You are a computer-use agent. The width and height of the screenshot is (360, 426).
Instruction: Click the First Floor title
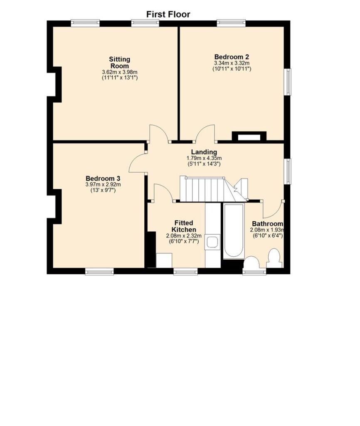click(168, 14)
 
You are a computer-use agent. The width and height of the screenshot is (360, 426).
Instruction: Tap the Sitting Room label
click(120, 62)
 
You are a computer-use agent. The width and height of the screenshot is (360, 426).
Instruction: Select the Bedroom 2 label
click(232, 57)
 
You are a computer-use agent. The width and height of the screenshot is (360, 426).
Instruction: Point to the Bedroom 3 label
click(103, 178)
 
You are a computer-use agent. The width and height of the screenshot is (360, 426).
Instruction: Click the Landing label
click(204, 152)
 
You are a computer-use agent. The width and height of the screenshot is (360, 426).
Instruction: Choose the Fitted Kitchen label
click(184, 226)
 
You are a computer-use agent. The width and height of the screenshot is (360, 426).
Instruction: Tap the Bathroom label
click(267, 224)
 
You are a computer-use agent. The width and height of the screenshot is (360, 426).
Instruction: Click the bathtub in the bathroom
click(234, 231)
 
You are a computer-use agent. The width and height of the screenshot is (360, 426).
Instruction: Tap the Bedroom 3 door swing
click(137, 162)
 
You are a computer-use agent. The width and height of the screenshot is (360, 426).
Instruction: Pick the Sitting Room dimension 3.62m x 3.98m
click(120, 72)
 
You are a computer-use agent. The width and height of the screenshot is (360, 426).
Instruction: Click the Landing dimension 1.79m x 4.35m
click(204, 158)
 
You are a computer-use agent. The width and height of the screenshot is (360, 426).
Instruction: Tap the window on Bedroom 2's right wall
click(287, 82)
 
